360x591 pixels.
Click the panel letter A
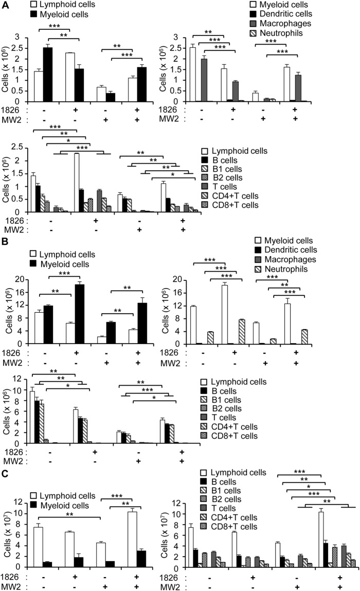[x=5, y=5]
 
